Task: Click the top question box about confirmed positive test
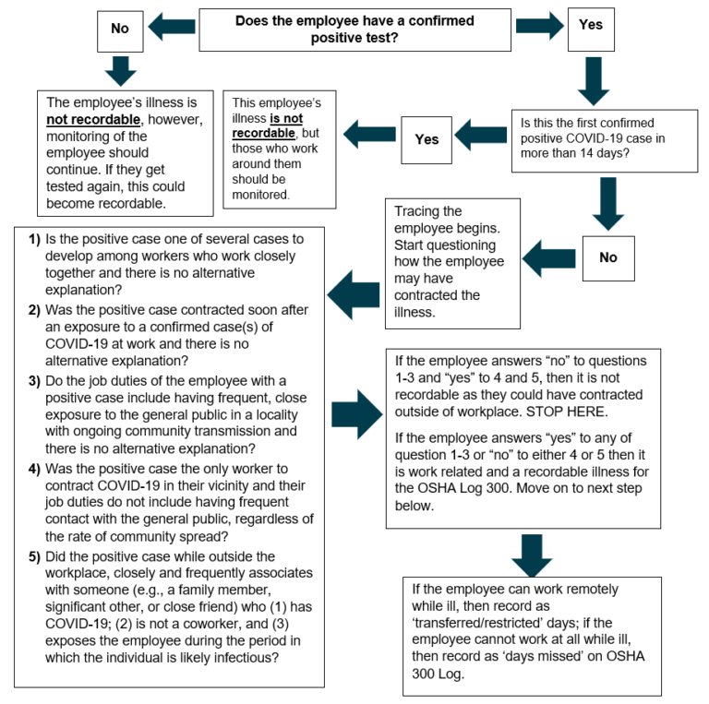point(355,30)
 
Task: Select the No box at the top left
point(120,30)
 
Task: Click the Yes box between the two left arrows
point(426,140)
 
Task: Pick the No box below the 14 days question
point(607,257)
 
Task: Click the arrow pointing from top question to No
point(173,29)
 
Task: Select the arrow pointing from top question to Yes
point(539,27)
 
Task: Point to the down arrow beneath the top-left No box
point(121,69)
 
